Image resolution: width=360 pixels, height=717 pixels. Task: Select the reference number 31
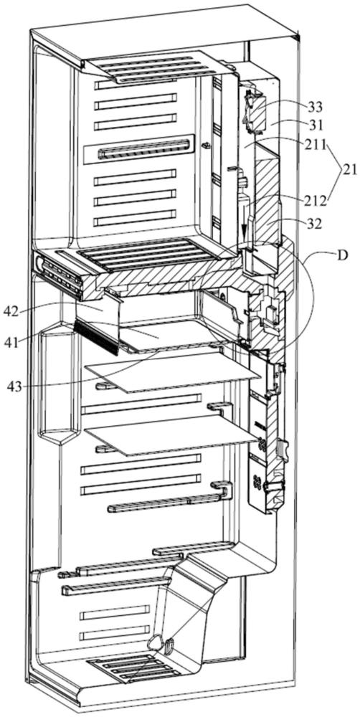click(315, 124)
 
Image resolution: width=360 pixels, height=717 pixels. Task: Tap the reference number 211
click(316, 146)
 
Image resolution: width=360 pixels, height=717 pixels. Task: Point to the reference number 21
click(350, 171)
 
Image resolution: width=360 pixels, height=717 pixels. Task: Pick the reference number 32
click(314, 224)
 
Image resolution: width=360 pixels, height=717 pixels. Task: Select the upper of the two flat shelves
click(172, 371)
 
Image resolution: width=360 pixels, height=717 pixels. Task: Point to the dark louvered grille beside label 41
click(97, 336)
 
